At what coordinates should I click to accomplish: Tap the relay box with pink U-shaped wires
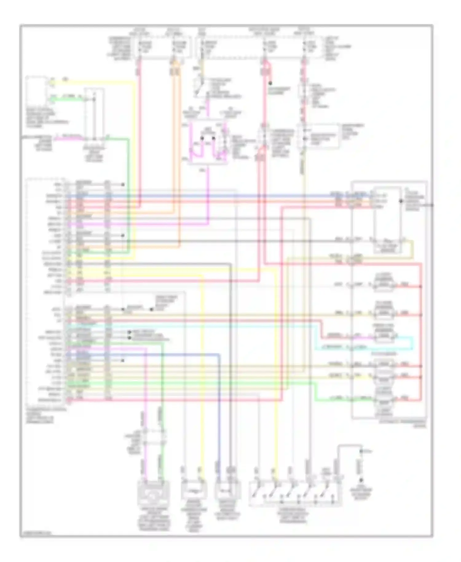(x=208, y=142)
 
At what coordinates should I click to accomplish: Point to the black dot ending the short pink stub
(x=270, y=83)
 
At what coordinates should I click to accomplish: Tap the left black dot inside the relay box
(x=202, y=138)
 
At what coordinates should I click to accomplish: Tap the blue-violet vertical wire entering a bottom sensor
(x=219, y=415)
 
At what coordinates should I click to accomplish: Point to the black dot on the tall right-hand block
(x=401, y=201)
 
